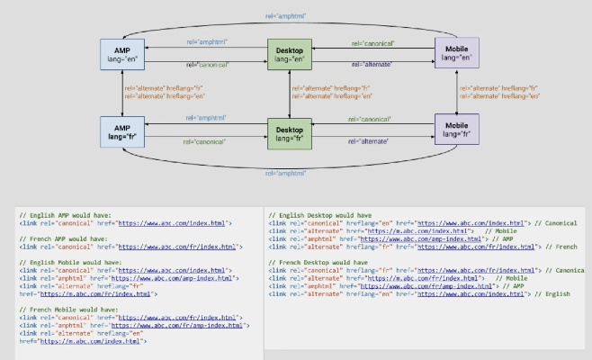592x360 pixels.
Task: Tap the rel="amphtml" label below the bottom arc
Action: click(286, 173)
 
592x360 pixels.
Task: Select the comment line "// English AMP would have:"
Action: click(61, 214)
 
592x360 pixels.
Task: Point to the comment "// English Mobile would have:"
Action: click(66, 262)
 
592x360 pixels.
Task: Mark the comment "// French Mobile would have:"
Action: click(64, 309)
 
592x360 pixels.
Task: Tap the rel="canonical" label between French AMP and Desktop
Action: click(205, 141)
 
